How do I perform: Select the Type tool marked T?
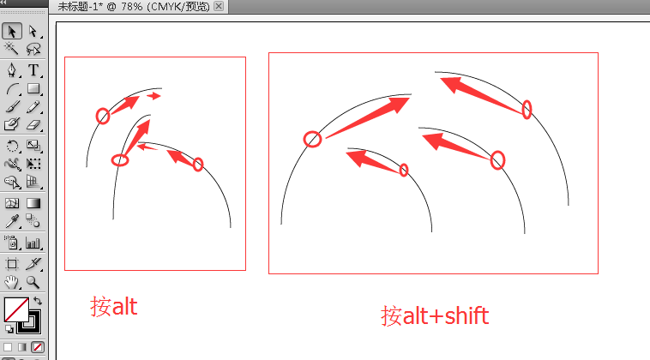pos(33,69)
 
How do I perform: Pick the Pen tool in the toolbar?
pos(13,69)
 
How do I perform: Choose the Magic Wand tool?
pos(13,51)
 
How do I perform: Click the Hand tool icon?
pos(13,281)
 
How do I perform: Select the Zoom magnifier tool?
pos(33,281)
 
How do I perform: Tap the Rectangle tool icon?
pos(33,88)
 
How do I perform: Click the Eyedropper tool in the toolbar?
pos(13,221)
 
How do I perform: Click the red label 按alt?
pos(114,306)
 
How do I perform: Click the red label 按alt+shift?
pos(435,315)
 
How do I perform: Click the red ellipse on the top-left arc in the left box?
pos(103,116)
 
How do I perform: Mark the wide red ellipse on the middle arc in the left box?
pos(120,159)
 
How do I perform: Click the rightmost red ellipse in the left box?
pos(198,164)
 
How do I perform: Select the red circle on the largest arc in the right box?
pos(313,139)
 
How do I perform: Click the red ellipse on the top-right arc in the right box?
pos(527,109)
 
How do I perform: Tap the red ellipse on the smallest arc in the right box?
pos(404,170)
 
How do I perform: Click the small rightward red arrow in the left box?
pos(153,96)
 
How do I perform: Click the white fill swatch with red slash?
pos(15,309)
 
